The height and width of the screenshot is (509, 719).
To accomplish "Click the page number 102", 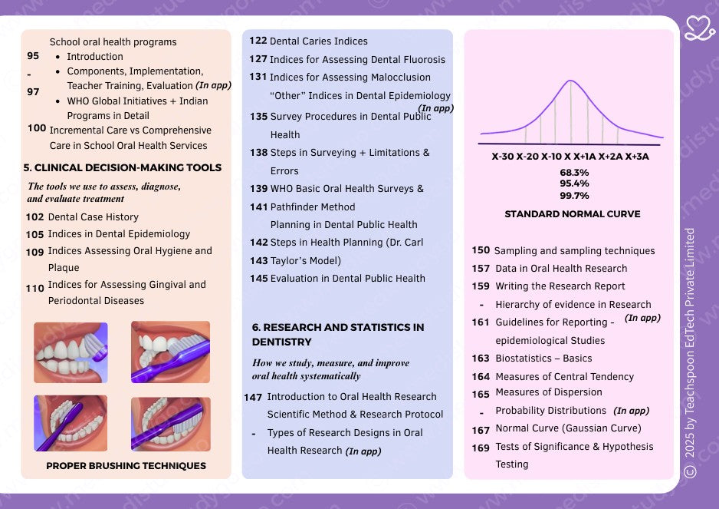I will pyautogui.click(x=34, y=217).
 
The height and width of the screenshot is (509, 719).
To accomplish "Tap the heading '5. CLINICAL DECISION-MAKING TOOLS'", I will pyautogui.click(x=123, y=167).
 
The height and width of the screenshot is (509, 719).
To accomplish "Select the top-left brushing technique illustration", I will pyautogui.click(x=71, y=352).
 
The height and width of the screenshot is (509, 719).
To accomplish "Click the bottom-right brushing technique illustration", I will pyautogui.click(x=170, y=424).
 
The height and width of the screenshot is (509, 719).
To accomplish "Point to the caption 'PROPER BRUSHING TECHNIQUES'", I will pyautogui.click(x=126, y=465).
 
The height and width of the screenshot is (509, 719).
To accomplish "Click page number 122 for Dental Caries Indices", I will pyautogui.click(x=258, y=41).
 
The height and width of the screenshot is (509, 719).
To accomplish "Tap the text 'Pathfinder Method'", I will pyautogui.click(x=313, y=207).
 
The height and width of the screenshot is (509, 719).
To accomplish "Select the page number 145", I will pyautogui.click(x=258, y=279).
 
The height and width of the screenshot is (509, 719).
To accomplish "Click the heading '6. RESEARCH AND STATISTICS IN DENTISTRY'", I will pyautogui.click(x=338, y=334).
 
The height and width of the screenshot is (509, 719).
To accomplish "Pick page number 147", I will pyautogui.click(x=253, y=397).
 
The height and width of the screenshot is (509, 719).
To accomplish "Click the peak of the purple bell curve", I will pyautogui.click(x=570, y=81).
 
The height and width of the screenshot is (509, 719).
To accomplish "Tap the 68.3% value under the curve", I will pyautogui.click(x=574, y=173).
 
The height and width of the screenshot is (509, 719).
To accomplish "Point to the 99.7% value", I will pyautogui.click(x=574, y=196).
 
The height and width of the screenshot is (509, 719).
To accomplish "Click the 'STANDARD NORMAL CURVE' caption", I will pyautogui.click(x=572, y=214).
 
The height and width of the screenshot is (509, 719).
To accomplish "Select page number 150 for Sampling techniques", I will pyautogui.click(x=481, y=250).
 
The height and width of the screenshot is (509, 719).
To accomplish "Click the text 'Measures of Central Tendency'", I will pyautogui.click(x=564, y=376).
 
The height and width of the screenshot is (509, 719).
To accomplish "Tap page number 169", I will pyautogui.click(x=481, y=448).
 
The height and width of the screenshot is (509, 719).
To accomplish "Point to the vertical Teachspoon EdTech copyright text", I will pyautogui.click(x=690, y=353).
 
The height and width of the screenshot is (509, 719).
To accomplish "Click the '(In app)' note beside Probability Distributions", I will pyautogui.click(x=632, y=411).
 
